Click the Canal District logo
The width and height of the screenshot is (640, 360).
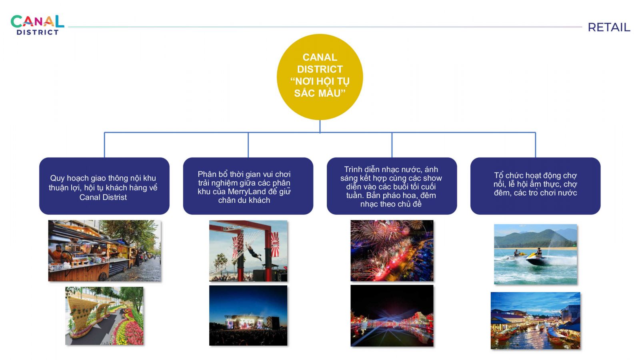click(x=38, y=25)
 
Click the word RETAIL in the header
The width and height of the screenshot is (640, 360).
click(x=608, y=28)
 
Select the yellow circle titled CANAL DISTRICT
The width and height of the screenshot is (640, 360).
click(x=320, y=77)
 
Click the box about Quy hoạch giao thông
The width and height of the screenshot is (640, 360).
click(x=104, y=186)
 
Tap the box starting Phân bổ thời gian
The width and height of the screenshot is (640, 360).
click(x=248, y=186)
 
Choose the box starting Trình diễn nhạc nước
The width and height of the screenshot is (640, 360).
click(x=392, y=186)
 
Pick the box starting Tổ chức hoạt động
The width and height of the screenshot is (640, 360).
click(x=536, y=186)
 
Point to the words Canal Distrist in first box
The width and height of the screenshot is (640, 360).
click(x=103, y=198)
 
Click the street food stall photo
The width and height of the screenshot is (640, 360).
click(x=104, y=250)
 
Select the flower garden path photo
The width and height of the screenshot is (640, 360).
click(x=104, y=316)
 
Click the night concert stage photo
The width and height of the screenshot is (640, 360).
click(x=248, y=316)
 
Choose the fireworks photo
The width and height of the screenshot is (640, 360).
click(x=392, y=250)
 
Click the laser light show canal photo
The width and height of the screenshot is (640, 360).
click(x=392, y=316)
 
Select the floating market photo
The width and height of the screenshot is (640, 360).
click(x=536, y=320)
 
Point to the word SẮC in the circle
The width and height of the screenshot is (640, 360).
click(x=304, y=93)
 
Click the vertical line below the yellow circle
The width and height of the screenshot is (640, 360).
click(x=320, y=126)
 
